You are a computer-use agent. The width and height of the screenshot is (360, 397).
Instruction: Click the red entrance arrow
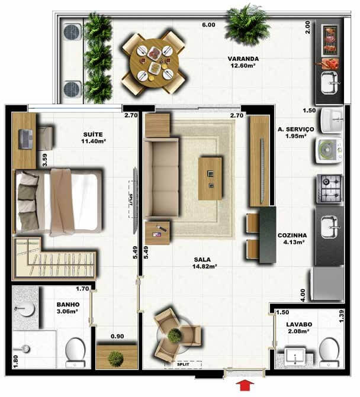tap(245, 385)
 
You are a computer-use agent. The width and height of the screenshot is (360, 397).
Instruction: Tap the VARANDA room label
tap(243, 59)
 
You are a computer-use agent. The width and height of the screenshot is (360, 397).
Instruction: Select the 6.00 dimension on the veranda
tap(208, 25)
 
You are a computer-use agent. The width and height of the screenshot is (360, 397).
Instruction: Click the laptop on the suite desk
tap(25, 139)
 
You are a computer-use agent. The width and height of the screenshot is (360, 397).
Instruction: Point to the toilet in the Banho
tap(75, 353)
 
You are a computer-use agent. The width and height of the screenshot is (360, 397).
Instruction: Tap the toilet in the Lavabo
tap(329, 352)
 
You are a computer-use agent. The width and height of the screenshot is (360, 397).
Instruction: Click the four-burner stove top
tap(329, 188)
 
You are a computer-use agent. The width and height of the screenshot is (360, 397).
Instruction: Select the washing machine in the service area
tap(329, 150)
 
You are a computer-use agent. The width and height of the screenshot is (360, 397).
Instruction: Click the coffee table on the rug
tap(210, 179)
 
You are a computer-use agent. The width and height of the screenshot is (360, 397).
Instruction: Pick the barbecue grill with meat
tap(330, 40)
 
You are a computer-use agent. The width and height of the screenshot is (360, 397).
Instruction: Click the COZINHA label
tap(292, 235)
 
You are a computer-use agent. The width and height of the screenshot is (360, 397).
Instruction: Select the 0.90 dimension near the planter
tap(117, 336)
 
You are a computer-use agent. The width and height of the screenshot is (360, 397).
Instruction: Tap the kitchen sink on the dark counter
tap(330, 227)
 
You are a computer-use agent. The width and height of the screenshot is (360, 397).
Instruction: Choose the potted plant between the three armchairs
tap(174, 335)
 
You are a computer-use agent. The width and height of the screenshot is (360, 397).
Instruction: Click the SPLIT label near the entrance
tap(183, 364)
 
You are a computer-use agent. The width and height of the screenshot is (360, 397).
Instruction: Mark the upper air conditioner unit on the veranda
tap(72, 32)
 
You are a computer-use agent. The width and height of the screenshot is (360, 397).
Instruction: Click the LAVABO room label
tap(299, 324)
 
